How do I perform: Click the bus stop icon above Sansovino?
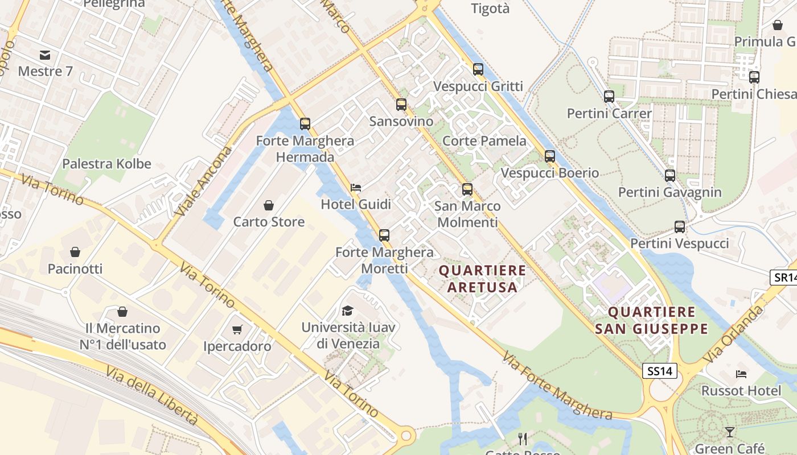point(401,105)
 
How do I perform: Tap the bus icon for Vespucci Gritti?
point(478,69)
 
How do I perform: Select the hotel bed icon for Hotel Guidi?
point(356,187)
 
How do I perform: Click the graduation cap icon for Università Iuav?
point(347,310)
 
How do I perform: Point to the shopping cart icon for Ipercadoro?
point(237,329)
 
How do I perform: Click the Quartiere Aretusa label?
point(483,279)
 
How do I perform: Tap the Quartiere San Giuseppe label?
point(652,320)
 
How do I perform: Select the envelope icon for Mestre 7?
point(45,55)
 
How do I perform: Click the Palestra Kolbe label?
point(106,164)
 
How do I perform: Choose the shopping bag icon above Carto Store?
point(269,205)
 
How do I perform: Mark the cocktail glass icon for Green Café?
point(730,432)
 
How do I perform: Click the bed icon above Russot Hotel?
point(741,374)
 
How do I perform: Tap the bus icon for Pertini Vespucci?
point(680,227)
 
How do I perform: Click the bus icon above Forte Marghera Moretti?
point(384,235)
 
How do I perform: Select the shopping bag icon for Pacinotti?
point(75,251)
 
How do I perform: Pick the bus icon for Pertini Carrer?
point(609,96)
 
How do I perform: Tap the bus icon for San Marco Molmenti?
point(467,189)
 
